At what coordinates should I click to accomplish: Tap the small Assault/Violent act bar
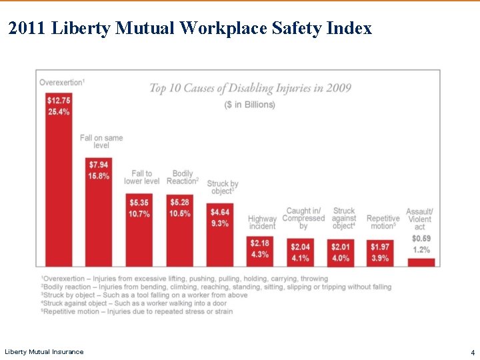(421, 262)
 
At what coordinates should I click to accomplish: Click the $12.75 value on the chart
(59, 100)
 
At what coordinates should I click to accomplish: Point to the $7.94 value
(99, 165)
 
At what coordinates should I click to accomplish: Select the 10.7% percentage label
(139, 213)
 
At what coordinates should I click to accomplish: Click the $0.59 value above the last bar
(421, 238)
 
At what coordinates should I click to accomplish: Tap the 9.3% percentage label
(220, 223)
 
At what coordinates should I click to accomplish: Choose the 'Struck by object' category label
(223, 187)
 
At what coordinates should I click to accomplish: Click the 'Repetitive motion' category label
(383, 222)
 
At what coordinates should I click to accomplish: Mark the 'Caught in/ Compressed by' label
(303, 218)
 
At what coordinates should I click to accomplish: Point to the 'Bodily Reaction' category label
(182, 177)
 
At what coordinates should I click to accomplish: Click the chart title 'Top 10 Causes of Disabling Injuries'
(250, 88)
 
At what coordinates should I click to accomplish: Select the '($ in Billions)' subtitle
(249, 105)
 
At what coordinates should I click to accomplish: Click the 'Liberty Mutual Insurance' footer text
(44, 351)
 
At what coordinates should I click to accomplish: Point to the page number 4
(472, 351)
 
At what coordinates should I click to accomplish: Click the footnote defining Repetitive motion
(137, 311)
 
